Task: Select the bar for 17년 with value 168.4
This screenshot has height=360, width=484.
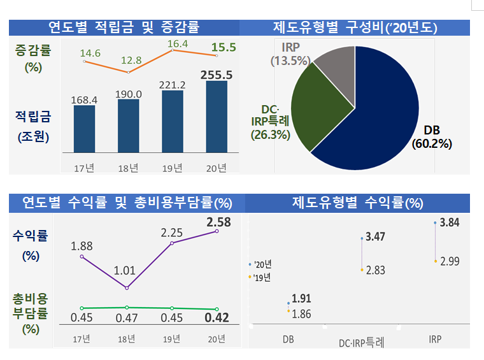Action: (x=85, y=129)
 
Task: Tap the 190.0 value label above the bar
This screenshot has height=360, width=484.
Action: (x=129, y=94)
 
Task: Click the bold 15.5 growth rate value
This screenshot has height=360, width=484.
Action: (x=224, y=47)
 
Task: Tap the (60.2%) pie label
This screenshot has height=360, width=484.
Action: (x=432, y=143)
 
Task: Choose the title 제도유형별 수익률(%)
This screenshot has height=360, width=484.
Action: (x=357, y=203)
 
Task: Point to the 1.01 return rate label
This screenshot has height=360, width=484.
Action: (x=125, y=270)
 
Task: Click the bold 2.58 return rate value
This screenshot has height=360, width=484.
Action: (x=218, y=222)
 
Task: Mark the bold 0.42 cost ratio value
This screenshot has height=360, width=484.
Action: (x=217, y=318)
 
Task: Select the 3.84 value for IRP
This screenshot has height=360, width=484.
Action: (x=450, y=222)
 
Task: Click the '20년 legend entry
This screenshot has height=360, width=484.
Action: (x=260, y=264)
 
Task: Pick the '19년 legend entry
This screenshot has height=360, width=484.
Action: (x=260, y=277)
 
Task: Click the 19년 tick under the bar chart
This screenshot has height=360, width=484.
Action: (x=173, y=168)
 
